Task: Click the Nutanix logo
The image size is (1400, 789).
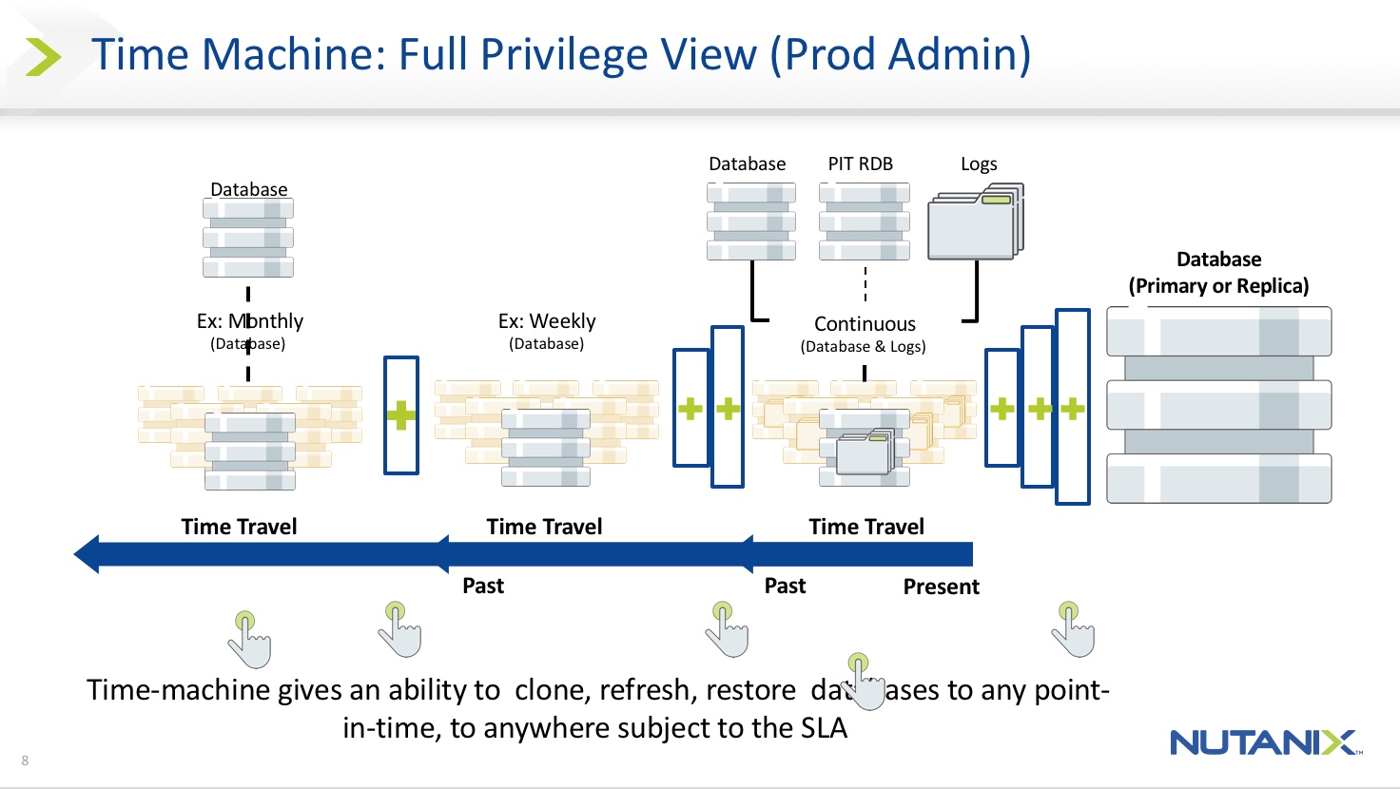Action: pyautogui.click(x=1265, y=742)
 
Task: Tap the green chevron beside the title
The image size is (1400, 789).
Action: pyautogui.click(x=43, y=57)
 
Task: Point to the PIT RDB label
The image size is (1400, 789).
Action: pyautogui.click(x=860, y=164)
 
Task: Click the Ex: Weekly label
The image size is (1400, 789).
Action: pyautogui.click(x=547, y=321)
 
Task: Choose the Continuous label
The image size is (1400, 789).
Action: pyautogui.click(x=865, y=324)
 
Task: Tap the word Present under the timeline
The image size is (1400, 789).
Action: pyautogui.click(x=941, y=587)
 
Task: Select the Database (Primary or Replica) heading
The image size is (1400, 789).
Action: pyautogui.click(x=1218, y=273)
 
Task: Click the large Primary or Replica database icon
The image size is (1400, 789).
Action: pyautogui.click(x=1218, y=405)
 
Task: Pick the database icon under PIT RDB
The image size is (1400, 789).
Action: pyautogui.click(x=864, y=222)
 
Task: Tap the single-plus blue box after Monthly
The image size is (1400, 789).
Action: pyautogui.click(x=401, y=415)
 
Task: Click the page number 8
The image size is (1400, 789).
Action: pyautogui.click(x=25, y=760)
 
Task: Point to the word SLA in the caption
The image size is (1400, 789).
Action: pyautogui.click(x=818, y=728)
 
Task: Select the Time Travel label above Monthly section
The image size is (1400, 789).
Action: pyautogui.click(x=239, y=527)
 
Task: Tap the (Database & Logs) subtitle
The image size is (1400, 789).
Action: pyautogui.click(x=863, y=347)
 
